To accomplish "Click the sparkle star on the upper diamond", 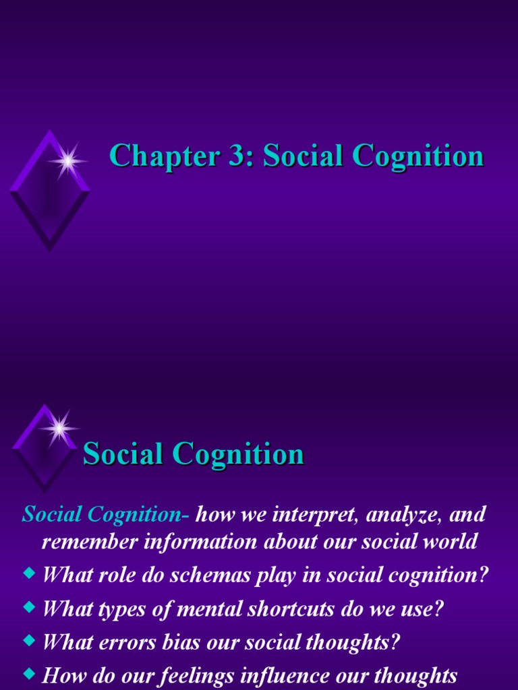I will [x=67, y=161].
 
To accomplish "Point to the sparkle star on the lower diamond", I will [x=59, y=427].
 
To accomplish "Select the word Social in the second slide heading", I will [x=123, y=454].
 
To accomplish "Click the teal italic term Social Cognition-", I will [x=107, y=515].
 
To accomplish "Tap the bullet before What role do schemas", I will [x=28, y=574].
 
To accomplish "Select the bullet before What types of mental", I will [x=28, y=607].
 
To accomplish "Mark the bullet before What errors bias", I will [x=28, y=640].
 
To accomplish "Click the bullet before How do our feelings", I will [x=28, y=674].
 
